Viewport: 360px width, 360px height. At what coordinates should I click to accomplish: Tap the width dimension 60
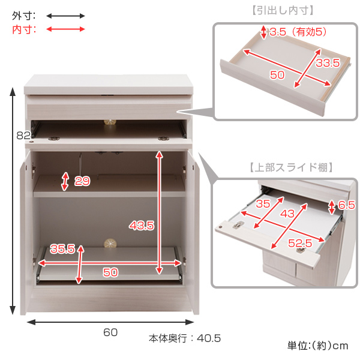coord(110,332)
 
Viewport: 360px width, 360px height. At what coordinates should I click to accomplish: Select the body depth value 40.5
coord(209,338)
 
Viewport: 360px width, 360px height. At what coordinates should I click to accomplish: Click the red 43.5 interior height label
coord(142,226)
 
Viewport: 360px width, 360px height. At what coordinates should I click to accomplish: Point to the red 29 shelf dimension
coord(82,181)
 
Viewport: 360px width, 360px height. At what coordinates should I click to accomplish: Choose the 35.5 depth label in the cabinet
coord(62,248)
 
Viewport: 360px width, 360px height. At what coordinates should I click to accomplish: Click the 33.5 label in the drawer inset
coord(328,62)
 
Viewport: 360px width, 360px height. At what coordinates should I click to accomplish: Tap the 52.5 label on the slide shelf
coord(300,243)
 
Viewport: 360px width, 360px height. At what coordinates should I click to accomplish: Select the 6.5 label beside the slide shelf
coord(346,205)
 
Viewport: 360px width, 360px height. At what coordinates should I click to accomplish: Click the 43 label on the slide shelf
coord(287,214)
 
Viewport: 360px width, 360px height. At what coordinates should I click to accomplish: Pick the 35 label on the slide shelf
coord(263,203)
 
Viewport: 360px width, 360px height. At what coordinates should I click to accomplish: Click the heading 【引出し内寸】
coord(283,10)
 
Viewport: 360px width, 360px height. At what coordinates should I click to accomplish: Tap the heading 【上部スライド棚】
coord(291,167)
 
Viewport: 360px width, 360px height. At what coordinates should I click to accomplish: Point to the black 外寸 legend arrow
coord(65,16)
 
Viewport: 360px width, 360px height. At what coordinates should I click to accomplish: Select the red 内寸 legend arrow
coord(65,29)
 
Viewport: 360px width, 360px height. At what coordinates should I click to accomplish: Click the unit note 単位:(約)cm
coord(318,346)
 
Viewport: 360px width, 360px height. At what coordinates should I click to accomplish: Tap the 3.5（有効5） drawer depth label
coord(298,32)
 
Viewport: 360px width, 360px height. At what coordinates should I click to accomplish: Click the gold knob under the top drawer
coord(110,122)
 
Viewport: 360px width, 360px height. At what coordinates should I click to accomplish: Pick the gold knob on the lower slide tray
coord(110,244)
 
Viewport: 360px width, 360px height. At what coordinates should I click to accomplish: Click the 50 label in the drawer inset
coord(277,75)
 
